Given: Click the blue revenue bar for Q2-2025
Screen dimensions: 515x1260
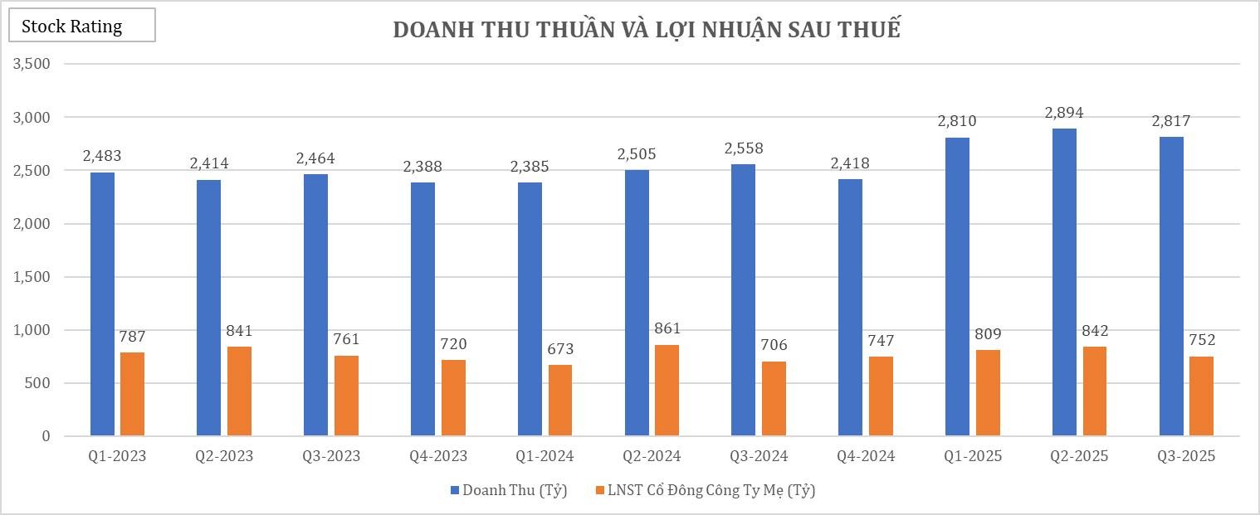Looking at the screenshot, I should pyautogui.click(x=1064, y=282).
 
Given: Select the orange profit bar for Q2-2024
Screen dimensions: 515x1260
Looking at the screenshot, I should pyautogui.click(x=667, y=391).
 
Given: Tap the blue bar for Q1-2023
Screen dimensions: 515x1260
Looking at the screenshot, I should pyautogui.click(x=102, y=304).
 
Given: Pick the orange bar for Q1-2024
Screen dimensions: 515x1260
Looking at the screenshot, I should pyautogui.click(x=560, y=401).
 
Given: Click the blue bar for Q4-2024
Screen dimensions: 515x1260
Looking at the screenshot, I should pyautogui.click(x=850, y=308).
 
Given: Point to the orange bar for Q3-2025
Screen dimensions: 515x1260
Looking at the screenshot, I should pyautogui.click(x=1201, y=396).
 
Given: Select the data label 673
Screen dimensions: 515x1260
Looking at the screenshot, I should pyautogui.click(x=559, y=349).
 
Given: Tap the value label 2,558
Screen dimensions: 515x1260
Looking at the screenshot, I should pyautogui.click(x=743, y=148).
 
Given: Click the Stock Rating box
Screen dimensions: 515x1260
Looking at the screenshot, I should pyautogui.click(x=81, y=26).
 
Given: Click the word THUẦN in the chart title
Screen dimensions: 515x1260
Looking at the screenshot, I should pyautogui.click(x=564, y=29).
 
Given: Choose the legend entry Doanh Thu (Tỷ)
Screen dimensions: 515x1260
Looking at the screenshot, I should pyautogui.click(x=509, y=490).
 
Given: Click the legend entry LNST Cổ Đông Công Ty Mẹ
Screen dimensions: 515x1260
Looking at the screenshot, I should pyautogui.click(x=706, y=490).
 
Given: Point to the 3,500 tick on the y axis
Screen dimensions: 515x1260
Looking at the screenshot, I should pyautogui.click(x=32, y=64).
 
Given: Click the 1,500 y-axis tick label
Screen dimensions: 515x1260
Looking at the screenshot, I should pyautogui.click(x=32, y=277).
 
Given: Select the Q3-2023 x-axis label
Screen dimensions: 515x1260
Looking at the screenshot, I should pyautogui.click(x=331, y=456).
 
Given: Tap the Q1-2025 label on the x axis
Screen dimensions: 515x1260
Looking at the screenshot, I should pyautogui.click(x=973, y=456).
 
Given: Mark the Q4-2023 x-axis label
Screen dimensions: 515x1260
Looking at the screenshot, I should pyautogui.click(x=438, y=456).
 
